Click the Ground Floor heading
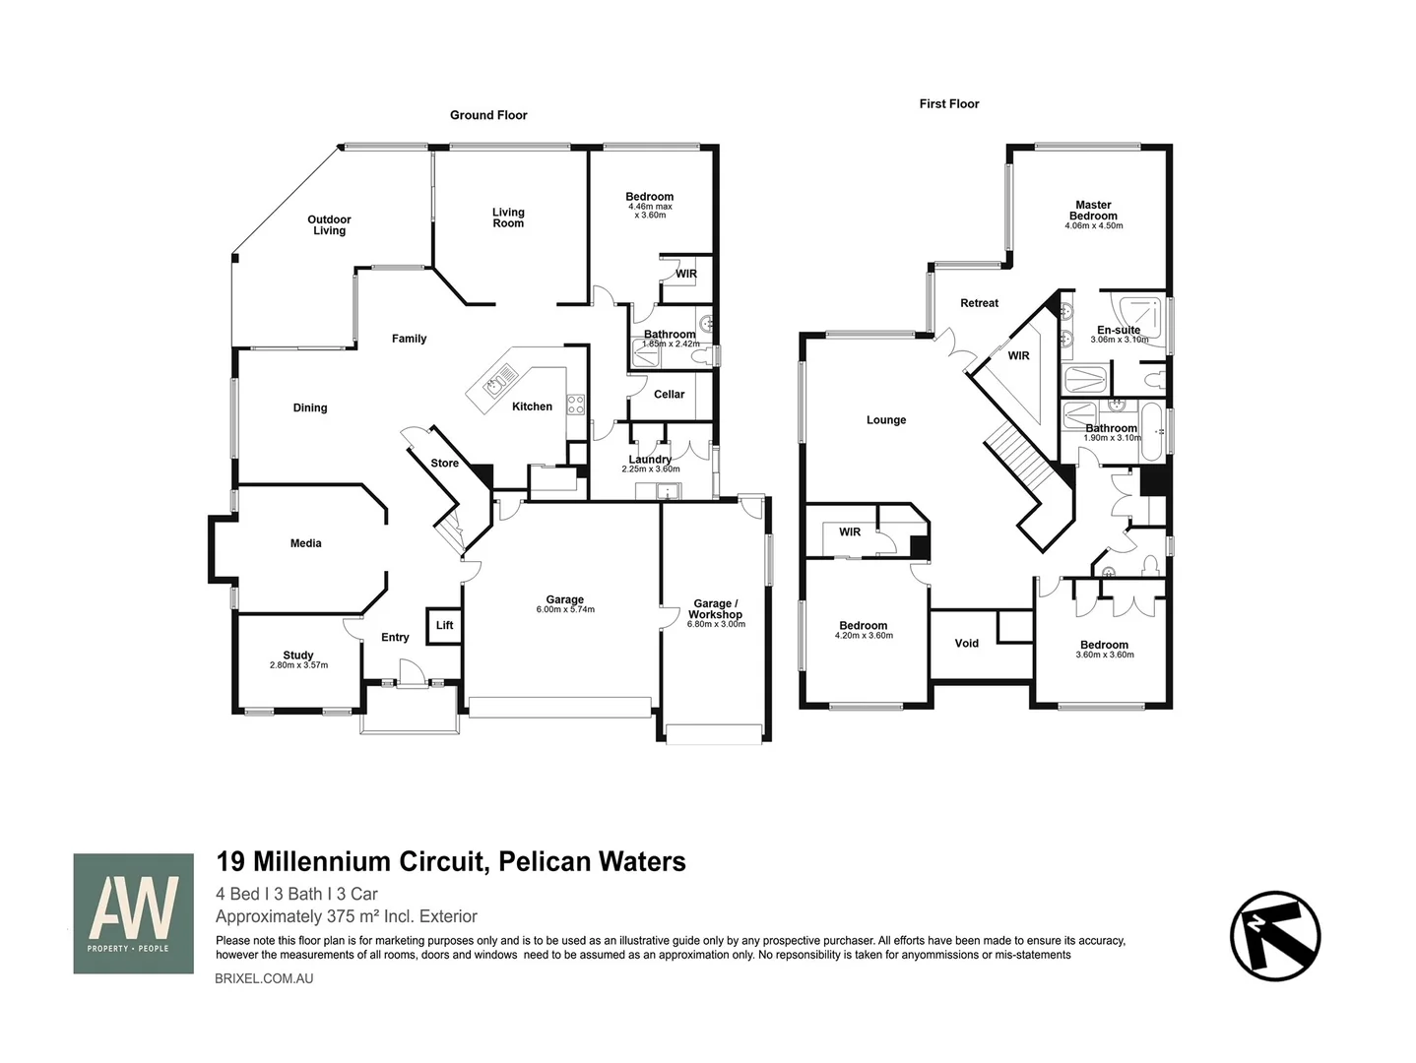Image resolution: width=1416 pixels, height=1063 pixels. point(488,115)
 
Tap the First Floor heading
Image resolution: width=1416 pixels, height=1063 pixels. point(948,103)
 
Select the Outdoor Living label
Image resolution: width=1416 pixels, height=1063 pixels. point(329,225)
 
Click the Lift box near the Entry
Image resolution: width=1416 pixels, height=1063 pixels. point(444,626)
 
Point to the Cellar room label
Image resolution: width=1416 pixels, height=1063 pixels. point(669,395)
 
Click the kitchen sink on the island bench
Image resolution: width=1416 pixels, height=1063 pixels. point(495,382)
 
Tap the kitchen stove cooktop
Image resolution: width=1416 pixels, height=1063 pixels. point(575,404)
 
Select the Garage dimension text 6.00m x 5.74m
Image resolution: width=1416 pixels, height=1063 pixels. point(564,609)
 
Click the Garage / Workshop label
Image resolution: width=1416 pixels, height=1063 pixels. point(714,609)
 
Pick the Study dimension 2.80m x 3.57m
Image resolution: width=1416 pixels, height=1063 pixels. point(298,665)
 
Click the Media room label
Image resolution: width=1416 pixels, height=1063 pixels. point(305,543)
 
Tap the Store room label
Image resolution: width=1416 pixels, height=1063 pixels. point(444,464)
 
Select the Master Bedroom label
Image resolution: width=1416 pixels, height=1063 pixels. point(1093,211)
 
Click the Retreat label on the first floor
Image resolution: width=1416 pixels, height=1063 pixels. point(979,303)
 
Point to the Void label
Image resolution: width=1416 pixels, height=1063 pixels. point(966,644)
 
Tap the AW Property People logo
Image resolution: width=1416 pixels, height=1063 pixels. point(133,913)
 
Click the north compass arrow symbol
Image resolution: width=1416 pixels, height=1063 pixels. point(1274,935)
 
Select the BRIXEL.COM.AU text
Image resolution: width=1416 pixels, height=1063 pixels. point(264,978)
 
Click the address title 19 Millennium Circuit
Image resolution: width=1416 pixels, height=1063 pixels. point(450,862)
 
